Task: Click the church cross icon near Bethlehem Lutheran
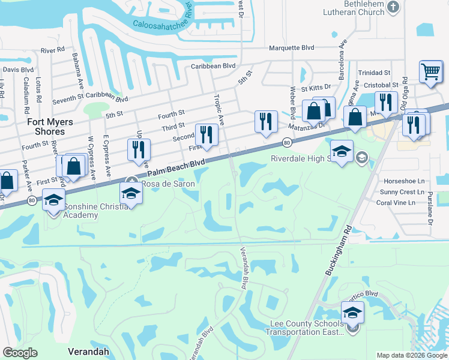[393, 7]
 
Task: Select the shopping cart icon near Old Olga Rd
[430, 71]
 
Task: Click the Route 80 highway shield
[287, 142]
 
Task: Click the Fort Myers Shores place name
[50, 127]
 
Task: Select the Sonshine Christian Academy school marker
[53, 200]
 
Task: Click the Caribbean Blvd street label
[213, 66]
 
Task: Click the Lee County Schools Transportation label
[306, 328]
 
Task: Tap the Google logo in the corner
[20, 353]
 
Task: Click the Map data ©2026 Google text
[411, 355]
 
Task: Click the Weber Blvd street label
[293, 101]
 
